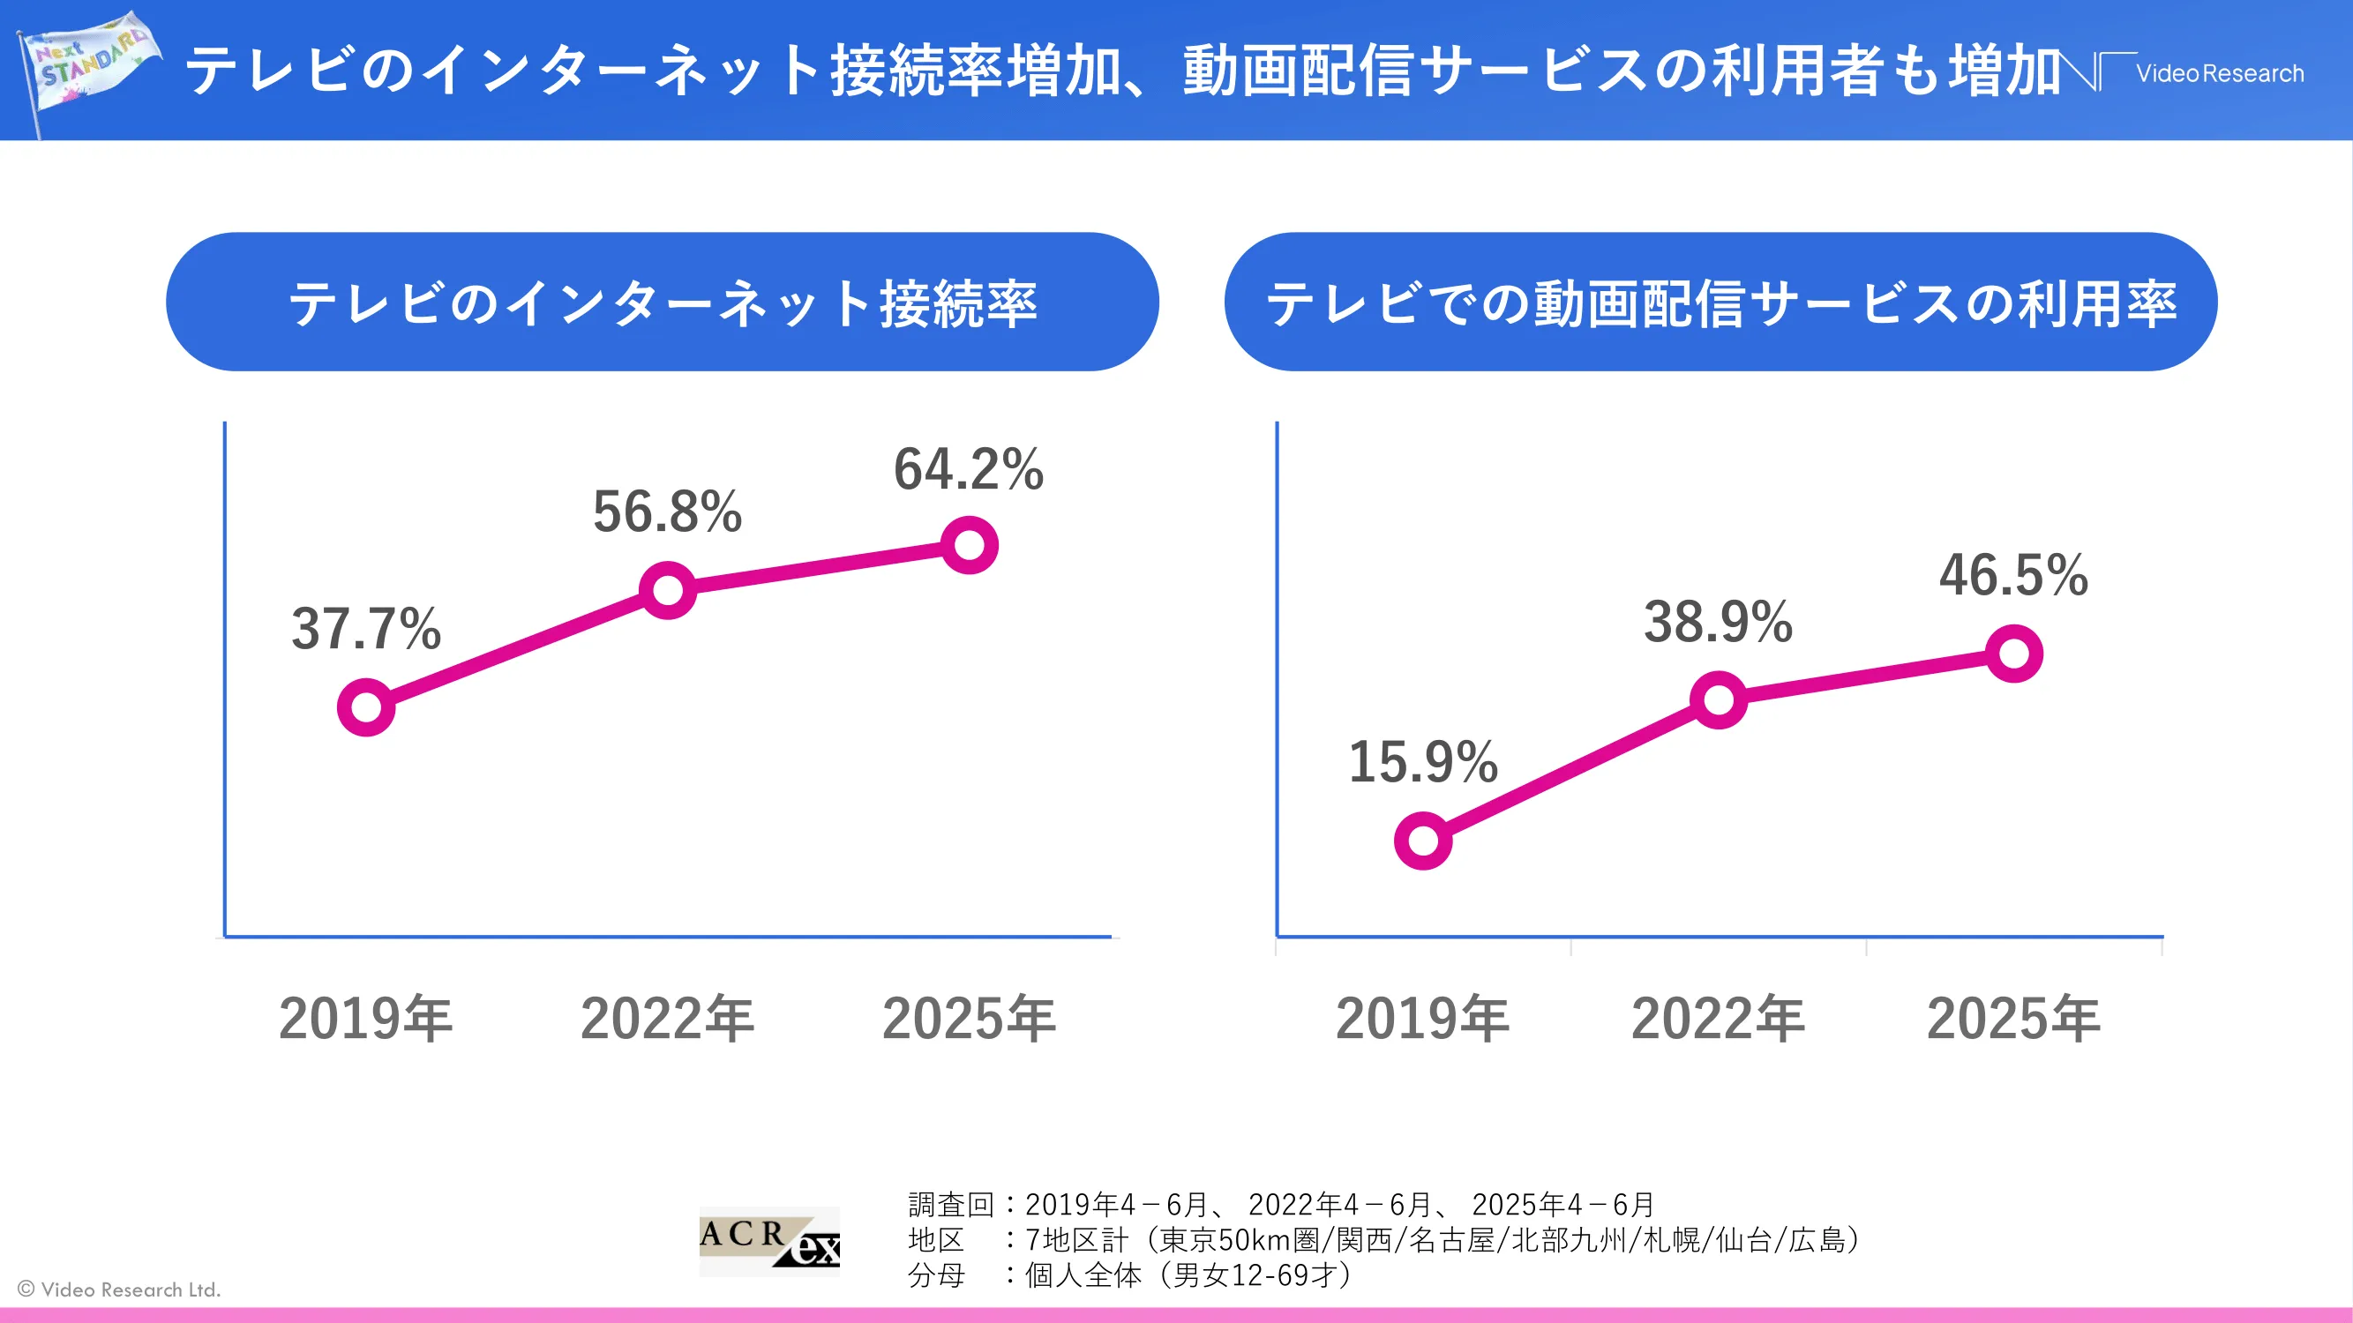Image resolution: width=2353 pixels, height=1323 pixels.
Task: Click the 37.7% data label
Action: [366, 629]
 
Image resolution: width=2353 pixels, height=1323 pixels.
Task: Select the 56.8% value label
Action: [668, 512]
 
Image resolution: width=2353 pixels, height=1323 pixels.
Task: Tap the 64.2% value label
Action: [968, 469]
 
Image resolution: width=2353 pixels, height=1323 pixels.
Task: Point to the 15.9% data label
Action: [1423, 762]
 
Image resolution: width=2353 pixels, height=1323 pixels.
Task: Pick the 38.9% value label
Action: [1718, 623]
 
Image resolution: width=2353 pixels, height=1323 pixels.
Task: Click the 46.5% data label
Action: [2013, 575]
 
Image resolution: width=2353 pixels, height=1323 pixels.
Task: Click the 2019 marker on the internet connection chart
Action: [366, 706]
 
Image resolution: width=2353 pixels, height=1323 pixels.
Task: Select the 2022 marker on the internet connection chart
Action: [668, 590]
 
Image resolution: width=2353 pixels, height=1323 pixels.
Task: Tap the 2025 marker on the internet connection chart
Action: [969, 545]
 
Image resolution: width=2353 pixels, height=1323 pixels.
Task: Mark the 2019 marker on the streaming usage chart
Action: [1423, 840]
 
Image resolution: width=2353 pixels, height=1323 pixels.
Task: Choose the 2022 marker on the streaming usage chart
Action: [1718, 700]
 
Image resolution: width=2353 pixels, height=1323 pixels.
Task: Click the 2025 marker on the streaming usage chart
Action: [2014, 654]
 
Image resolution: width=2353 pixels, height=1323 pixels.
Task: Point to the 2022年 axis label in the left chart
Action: [668, 1019]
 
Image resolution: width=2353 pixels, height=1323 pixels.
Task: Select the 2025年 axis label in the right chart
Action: [2013, 1019]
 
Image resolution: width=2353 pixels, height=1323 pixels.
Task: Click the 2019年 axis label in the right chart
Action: [1422, 1019]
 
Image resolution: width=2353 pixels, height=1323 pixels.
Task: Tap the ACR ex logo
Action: [769, 1240]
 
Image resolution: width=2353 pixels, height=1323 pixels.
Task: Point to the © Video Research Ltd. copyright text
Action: [120, 1289]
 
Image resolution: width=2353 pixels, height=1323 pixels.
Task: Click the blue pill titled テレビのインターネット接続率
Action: [663, 303]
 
